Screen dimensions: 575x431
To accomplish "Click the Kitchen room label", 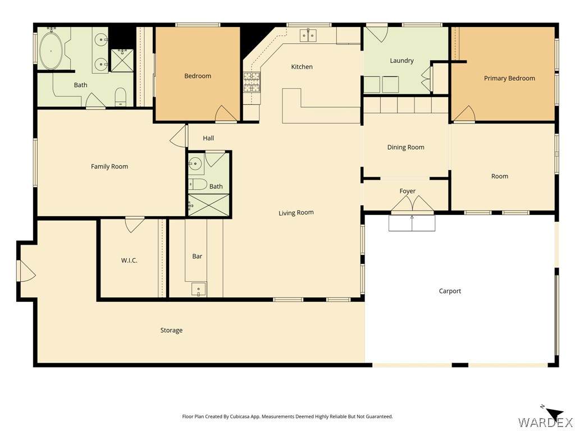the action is coord(302,67).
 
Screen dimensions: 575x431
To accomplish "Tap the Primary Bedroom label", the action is coord(509,78).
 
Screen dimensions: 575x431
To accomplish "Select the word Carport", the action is coord(450,291).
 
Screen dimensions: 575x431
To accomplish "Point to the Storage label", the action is coord(171,330).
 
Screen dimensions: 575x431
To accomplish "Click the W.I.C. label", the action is coord(129,260).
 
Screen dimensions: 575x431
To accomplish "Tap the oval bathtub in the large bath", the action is coord(51,51).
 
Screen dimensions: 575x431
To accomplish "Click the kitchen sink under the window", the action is coord(308,35).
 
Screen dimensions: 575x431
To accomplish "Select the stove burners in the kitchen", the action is coord(252,82).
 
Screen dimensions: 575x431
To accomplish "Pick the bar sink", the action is coord(198,289).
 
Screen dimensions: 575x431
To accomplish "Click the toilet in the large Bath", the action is coord(121,97).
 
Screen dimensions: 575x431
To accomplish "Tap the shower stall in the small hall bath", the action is coord(209,205).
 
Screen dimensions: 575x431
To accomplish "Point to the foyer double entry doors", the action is coord(413,204).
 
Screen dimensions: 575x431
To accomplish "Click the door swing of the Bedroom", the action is coord(226,113).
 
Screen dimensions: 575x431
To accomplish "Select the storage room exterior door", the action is coord(26,271).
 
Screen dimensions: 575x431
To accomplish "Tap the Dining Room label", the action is coord(405,148).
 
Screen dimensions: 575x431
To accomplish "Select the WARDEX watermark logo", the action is coord(545,422).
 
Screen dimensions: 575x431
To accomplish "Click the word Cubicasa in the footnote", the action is coord(240,417).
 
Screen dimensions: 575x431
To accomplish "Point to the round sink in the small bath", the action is coord(195,163).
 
